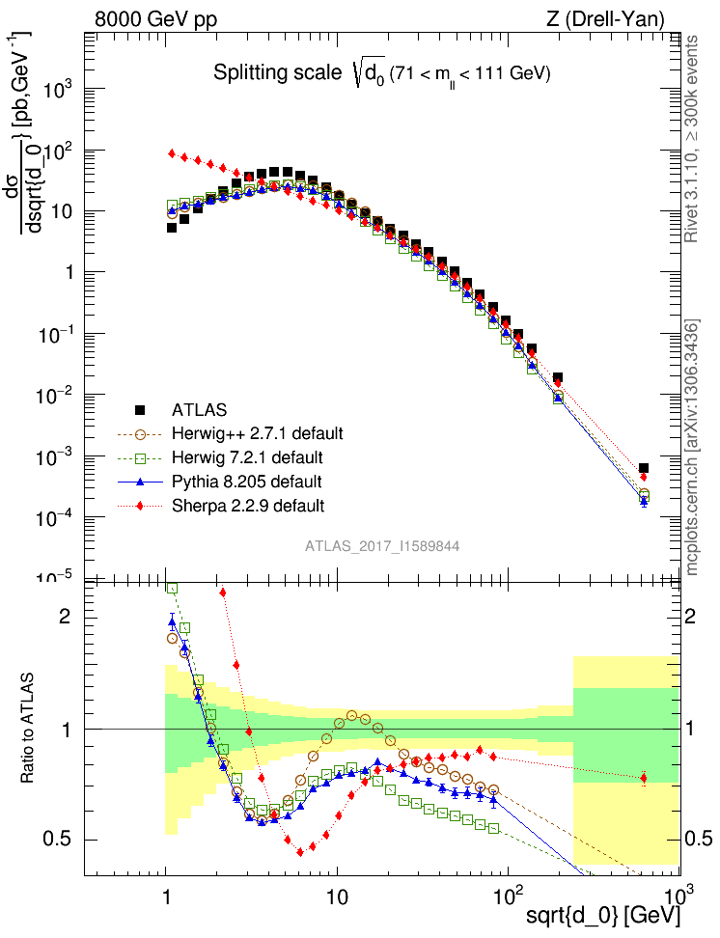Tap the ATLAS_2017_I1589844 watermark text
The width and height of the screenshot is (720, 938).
pos(382,546)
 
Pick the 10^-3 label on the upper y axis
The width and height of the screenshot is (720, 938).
pos(60,456)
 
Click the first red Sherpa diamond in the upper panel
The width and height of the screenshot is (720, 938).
pos(172,153)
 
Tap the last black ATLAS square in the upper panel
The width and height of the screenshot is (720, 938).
pos(644,468)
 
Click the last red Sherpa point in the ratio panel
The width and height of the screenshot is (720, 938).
pos(644,778)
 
